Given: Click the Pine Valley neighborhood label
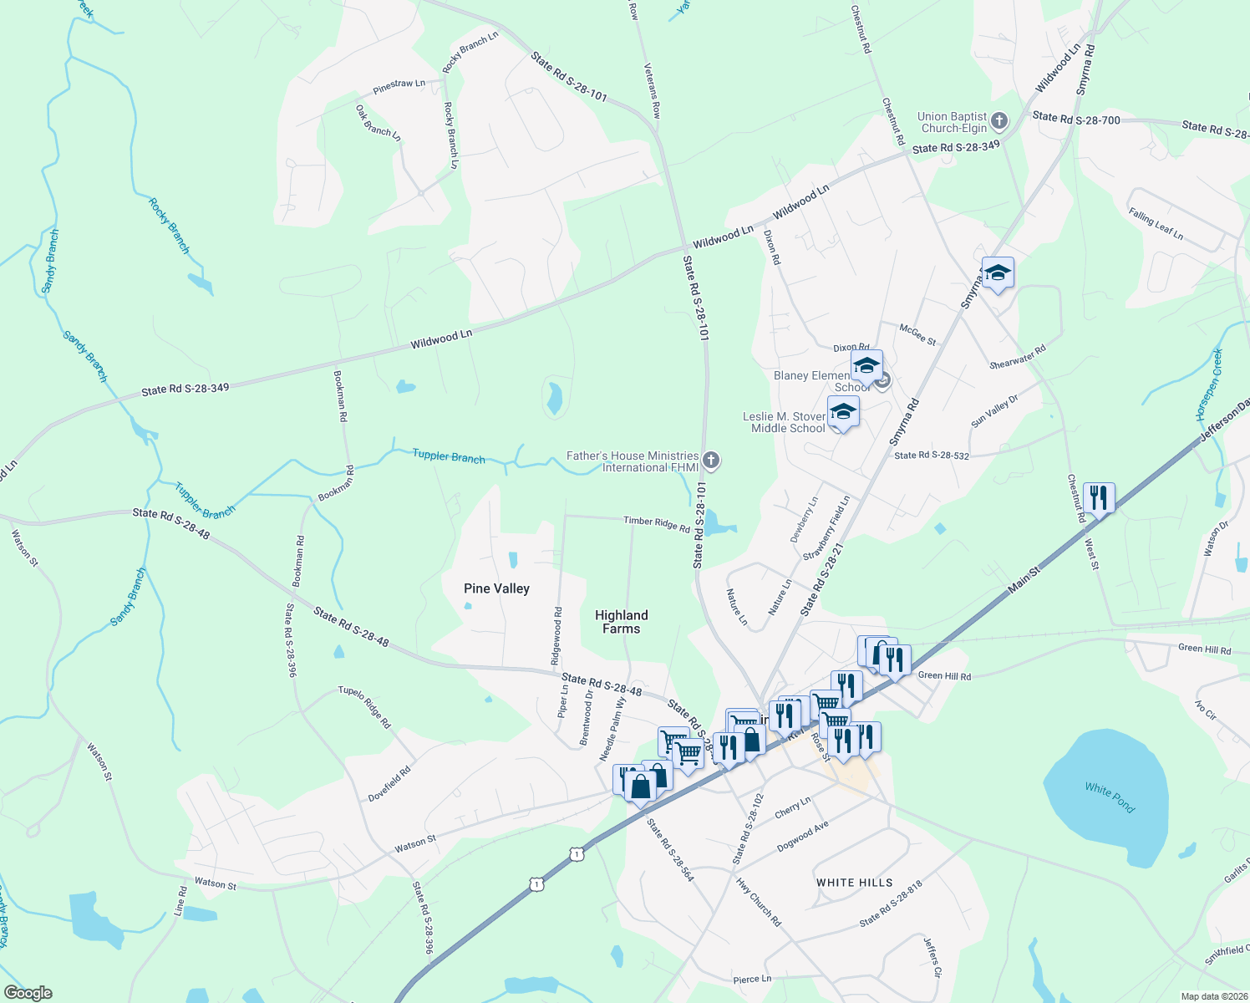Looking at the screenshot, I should tap(496, 588).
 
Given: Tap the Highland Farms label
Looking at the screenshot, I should tap(621, 622).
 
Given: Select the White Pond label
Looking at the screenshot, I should tap(1110, 797).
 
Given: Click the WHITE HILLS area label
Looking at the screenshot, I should tap(854, 883).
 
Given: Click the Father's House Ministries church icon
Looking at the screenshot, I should tap(711, 460).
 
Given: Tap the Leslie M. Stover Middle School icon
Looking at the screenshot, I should tap(842, 412).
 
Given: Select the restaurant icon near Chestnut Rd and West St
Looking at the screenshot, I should tap(1099, 499).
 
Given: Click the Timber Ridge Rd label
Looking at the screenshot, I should tap(657, 523).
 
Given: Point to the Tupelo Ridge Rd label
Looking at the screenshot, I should tap(364, 706).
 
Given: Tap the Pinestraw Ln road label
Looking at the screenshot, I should tap(399, 86).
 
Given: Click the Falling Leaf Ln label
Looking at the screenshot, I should tap(1156, 223).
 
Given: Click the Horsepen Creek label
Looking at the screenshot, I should tap(1208, 384).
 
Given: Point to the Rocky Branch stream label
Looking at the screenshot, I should tap(169, 226).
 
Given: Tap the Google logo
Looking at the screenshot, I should tap(28, 993).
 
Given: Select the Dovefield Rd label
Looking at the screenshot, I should tap(389, 784).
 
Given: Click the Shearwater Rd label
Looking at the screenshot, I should tap(1017, 358).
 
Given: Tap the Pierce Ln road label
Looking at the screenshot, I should tap(751, 979).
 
